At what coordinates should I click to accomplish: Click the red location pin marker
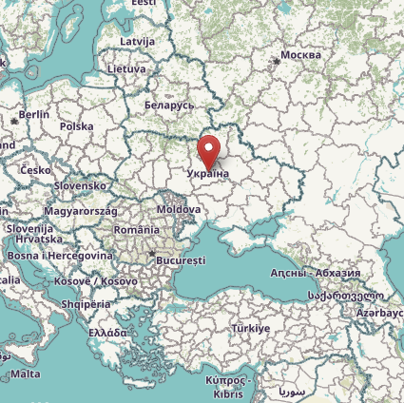point(209,152)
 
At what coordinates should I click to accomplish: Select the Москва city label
point(301,55)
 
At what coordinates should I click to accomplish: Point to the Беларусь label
point(169,106)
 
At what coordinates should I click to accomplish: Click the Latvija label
point(138,42)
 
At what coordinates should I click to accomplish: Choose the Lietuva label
point(126,69)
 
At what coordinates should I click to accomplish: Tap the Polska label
point(76,125)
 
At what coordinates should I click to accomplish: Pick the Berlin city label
point(33,114)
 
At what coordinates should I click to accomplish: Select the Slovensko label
point(80,186)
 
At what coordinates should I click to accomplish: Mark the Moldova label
point(179,208)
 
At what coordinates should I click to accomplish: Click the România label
point(136,230)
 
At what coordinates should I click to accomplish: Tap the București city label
point(180,259)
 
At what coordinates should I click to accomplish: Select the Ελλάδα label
point(107,334)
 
